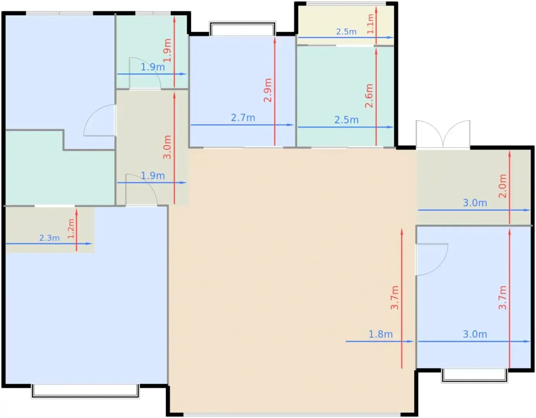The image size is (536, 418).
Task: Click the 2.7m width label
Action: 243,118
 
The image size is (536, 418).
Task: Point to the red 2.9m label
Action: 268,90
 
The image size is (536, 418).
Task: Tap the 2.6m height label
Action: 369,96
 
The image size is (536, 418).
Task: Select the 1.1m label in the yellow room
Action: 371,24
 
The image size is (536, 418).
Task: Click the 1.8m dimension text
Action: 381,334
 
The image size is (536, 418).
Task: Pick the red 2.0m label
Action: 503,186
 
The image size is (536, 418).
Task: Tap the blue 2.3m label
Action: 49,238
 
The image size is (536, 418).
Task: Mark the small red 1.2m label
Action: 71,228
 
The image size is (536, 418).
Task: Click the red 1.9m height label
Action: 167,50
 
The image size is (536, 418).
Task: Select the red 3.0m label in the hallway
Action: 167,147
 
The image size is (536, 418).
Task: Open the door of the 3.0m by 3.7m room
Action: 432,259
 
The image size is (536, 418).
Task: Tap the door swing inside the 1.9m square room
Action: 145,73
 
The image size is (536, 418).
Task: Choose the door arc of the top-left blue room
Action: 100,120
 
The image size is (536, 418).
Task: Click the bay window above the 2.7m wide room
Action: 242,29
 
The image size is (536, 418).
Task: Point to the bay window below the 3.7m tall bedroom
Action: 474,375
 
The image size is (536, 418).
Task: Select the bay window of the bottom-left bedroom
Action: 85,391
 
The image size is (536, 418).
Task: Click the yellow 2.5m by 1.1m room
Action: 345,25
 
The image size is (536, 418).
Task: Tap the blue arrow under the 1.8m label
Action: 380,341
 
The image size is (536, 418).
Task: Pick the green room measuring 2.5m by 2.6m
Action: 345,97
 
